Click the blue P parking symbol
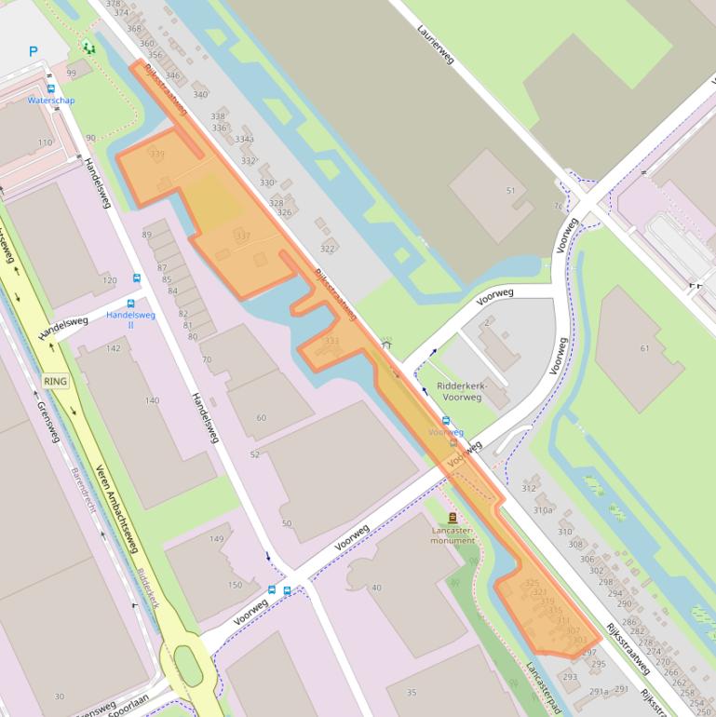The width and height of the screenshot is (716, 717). click(x=34, y=52)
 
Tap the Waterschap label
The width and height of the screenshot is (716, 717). click(x=51, y=100)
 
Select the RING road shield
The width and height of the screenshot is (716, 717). click(x=56, y=380)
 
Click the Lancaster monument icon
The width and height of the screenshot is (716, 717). click(x=453, y=517)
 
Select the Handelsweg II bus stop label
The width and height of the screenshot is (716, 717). click(x=130, y=319)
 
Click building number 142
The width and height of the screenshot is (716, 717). click(x=114, y=348)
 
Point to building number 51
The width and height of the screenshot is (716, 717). click(x=510, y=191)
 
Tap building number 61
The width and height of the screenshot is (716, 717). click(x=644, y=348)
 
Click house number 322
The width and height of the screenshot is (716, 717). click(x=327, y=249)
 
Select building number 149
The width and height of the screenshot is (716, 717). click(x=217, y=539)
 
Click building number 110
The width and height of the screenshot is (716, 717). click(x=45, y=142)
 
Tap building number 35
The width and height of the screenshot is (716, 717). click(x=412, y=692)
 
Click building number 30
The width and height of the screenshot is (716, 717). click(x=60, y=697)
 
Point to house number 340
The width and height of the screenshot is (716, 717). click(x=199, y=94)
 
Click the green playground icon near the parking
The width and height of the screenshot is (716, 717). click(x=88, y=47)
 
